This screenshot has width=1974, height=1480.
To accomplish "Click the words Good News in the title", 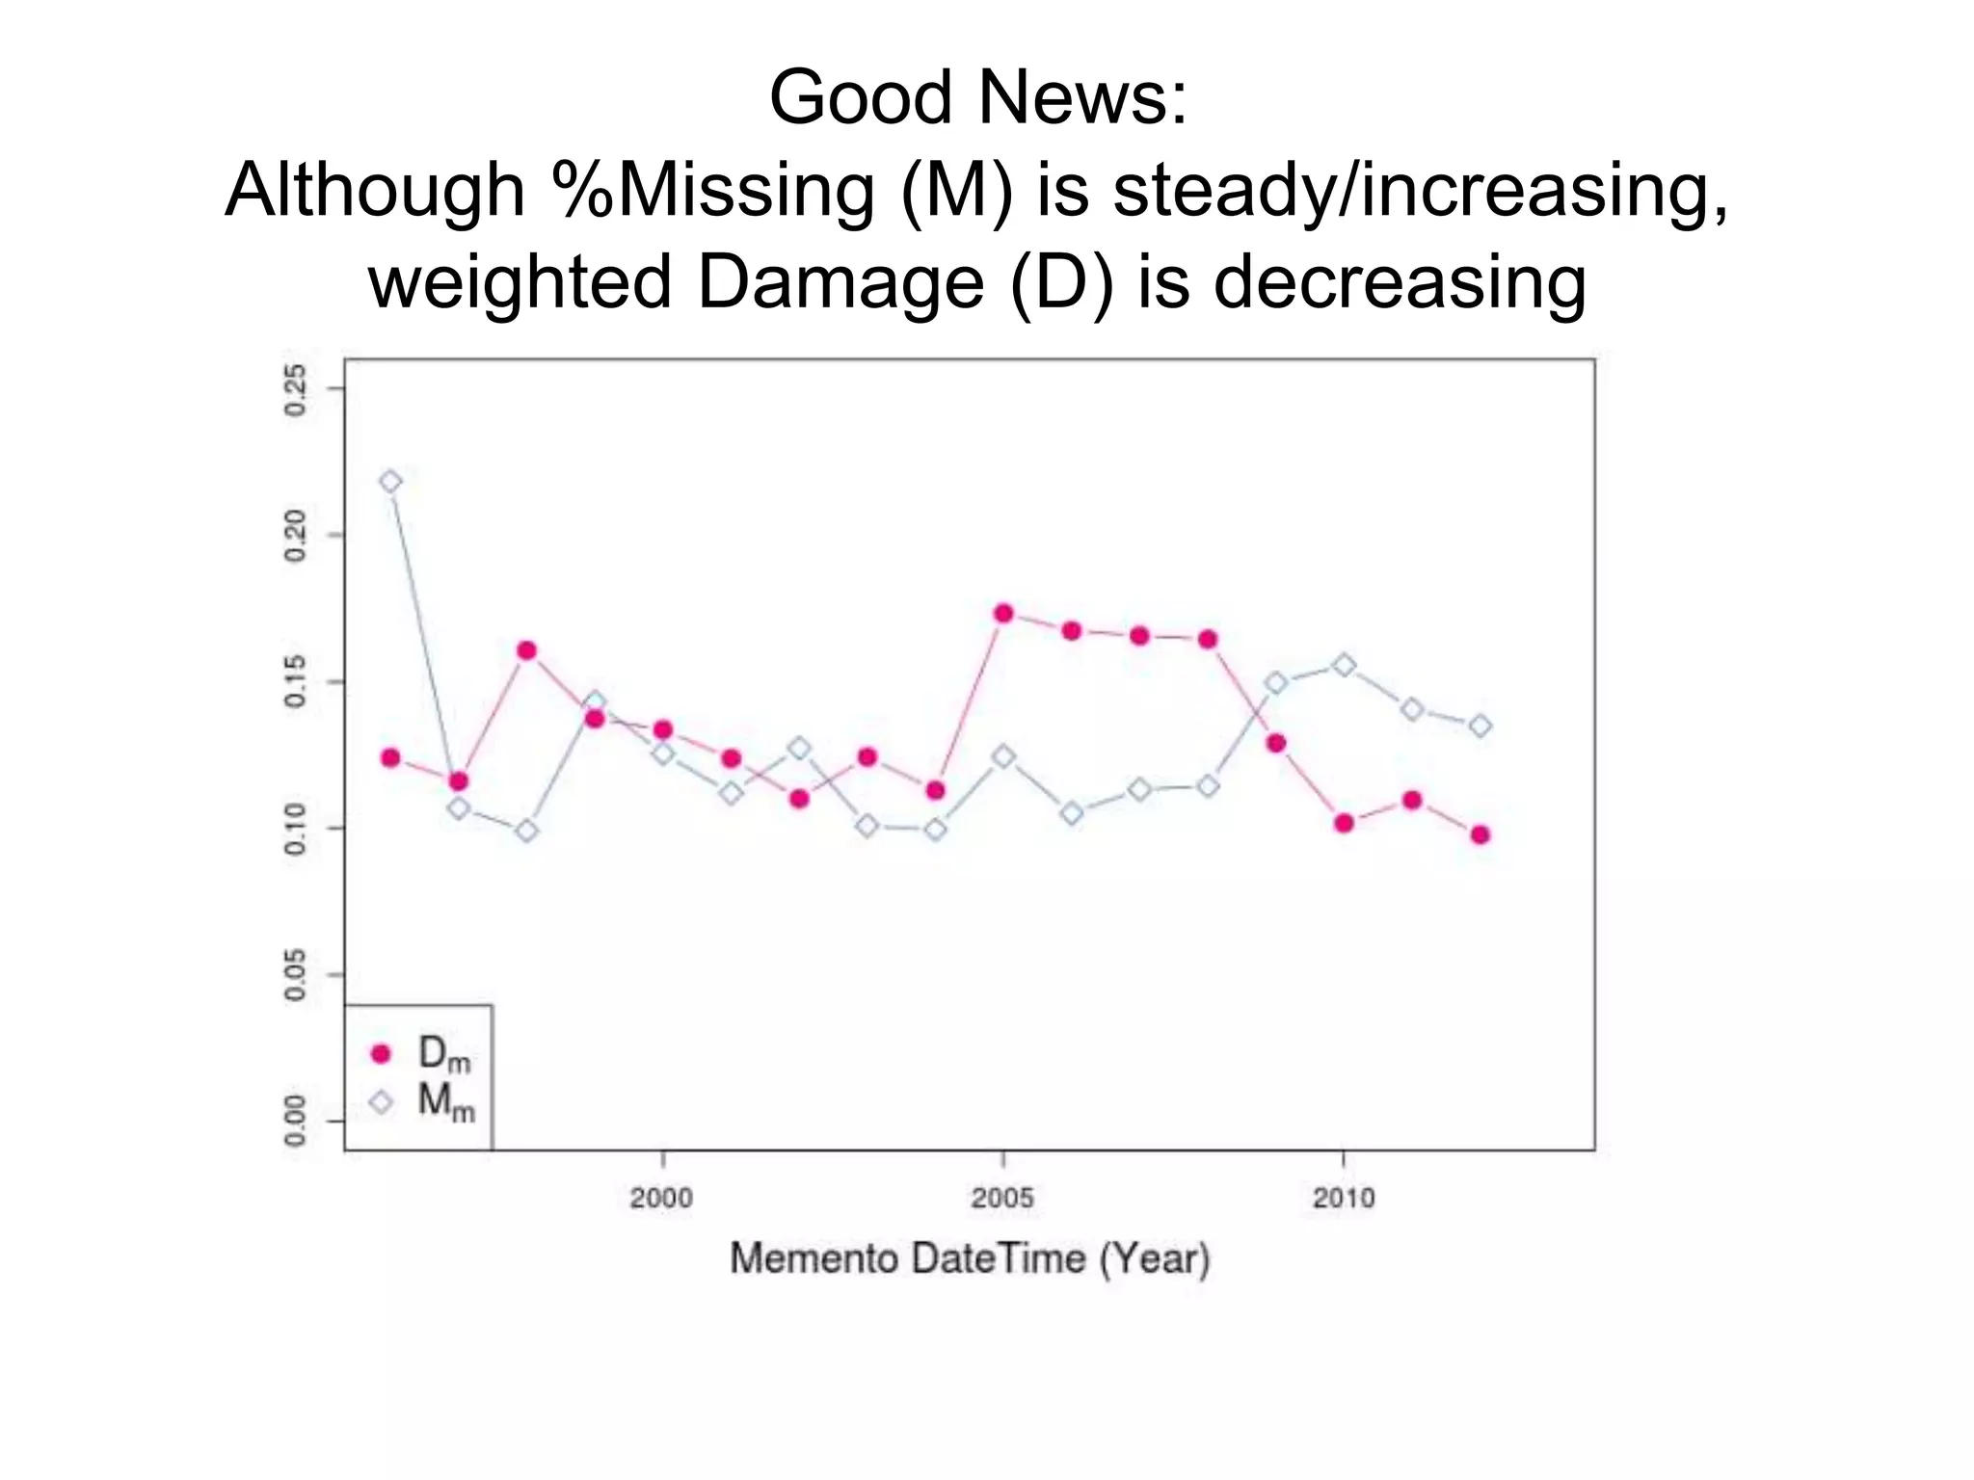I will pos(978,98).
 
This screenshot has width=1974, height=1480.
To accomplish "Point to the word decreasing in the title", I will pos(1399,283).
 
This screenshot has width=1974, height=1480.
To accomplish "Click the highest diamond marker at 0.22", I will pos(390,482).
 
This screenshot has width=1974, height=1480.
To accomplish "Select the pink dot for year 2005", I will pos(1003,614).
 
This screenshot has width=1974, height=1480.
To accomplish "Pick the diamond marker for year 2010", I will pos(1345,666).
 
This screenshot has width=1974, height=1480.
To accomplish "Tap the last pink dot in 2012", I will pos(1480,834).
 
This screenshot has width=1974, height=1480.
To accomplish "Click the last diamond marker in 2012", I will pos(1480,726).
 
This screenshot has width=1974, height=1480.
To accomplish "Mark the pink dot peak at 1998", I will pos(526,650).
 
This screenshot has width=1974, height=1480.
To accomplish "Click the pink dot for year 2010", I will pos(1345,823).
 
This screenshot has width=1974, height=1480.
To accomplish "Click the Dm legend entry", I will pos(424,1054).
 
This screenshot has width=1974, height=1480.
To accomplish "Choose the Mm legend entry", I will pos(424,1101).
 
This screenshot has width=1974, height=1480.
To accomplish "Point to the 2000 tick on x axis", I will pos(661,1199).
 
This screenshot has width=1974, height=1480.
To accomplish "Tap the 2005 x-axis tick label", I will pos(1002,1199).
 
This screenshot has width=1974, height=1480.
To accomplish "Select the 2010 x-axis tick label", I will pos(1344,1199).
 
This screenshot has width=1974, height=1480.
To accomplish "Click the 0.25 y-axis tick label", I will pos(295,389).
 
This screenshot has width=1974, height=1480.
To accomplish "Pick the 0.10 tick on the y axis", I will pos(295,829).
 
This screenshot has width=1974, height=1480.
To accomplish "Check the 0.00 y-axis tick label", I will pos(295,1122).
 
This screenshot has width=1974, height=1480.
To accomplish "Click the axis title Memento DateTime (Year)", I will pos(970,1259).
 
